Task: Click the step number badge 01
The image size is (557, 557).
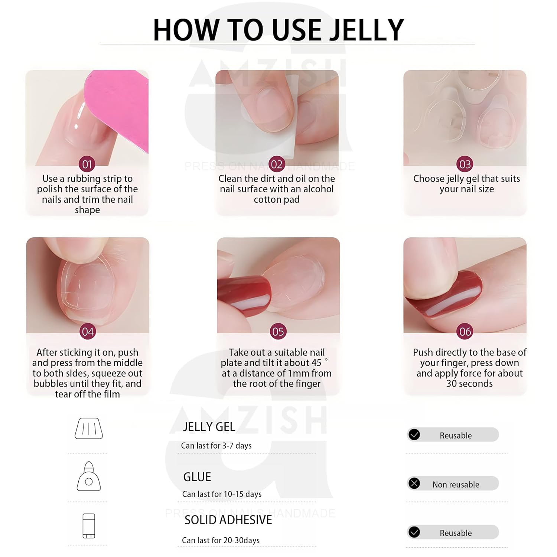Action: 87,164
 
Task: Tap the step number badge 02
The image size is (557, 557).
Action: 277,164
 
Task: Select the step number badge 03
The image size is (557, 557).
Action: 465,164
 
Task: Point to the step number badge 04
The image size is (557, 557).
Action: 88,331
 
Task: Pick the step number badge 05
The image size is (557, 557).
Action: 278,331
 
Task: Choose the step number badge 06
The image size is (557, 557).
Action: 465,331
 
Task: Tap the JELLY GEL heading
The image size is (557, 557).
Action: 209,427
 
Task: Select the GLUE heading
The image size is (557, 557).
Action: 197,477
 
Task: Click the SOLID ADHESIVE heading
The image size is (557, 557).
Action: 228,520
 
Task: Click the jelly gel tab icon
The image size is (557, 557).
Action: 89,428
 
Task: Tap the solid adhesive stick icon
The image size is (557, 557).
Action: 89,526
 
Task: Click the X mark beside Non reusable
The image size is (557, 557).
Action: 414,483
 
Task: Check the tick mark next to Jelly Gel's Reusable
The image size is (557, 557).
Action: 414,434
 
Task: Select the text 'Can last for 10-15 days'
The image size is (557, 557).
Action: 222,494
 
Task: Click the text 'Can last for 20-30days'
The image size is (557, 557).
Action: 221,540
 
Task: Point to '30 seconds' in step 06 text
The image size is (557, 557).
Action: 469,384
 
